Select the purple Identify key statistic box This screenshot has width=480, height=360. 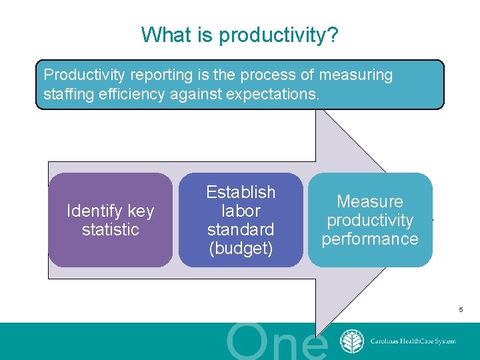pos(111,220)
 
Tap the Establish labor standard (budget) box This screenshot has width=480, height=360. pos(241,220)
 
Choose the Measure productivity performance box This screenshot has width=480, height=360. pos(370,220)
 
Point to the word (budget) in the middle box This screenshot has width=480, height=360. pos(241,248)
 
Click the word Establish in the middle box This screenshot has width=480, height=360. pos(241,192)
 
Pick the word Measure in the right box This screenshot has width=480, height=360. pos(370,201)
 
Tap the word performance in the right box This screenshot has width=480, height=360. pos(370,239)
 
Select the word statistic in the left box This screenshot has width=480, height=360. pos(111,229)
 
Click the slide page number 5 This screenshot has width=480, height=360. pos(461,310)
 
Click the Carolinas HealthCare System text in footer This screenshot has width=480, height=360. pos(413,341)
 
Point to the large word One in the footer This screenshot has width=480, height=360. pos(277,343)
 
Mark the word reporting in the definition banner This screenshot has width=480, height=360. pos(155,75)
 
